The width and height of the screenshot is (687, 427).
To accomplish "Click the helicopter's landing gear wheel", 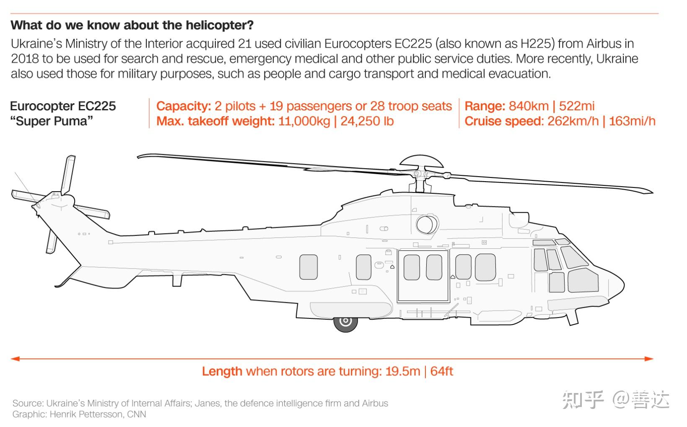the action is pos(345,321).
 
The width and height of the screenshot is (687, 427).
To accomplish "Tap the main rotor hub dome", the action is pos(421,161).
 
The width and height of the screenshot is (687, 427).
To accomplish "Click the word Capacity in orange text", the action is pos(183,106).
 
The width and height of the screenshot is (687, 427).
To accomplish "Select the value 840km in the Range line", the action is pos(529,106).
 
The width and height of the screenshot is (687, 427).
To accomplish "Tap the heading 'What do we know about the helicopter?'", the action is pos(132,25).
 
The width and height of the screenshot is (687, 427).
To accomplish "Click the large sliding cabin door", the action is pos(423,276).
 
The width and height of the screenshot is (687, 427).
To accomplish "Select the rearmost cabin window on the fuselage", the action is pos(309,267).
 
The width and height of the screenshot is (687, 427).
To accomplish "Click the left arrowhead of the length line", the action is pos(16,359).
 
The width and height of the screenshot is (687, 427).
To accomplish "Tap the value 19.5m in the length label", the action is pos(402,371).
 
